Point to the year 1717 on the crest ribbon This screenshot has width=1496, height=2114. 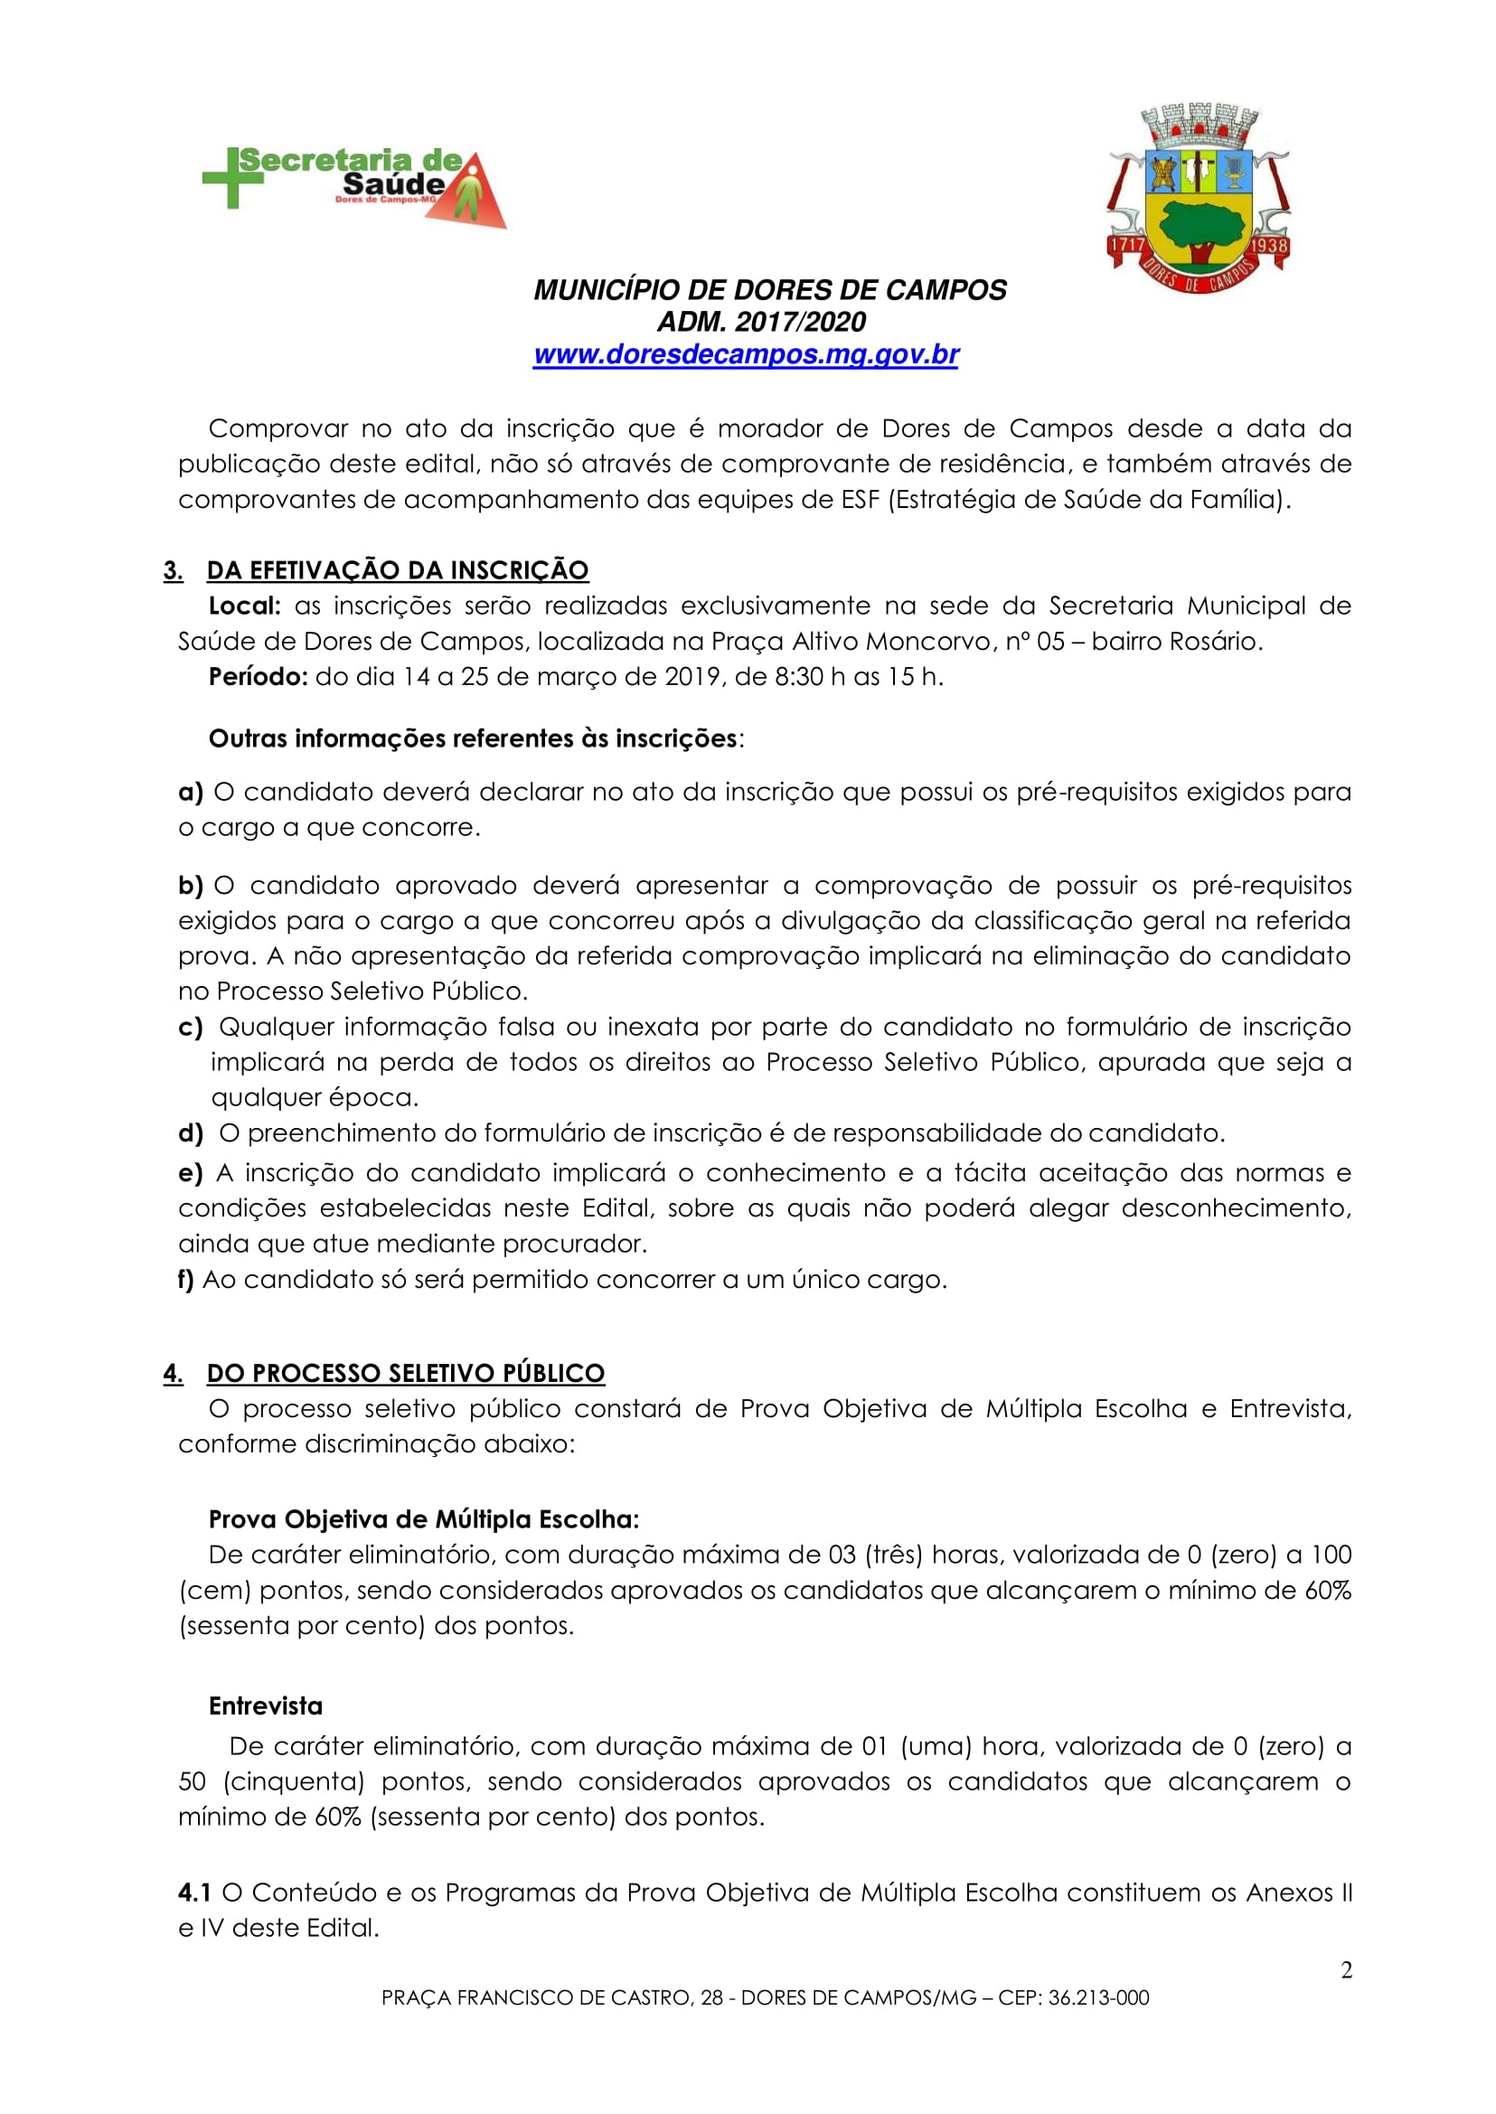click(1125, 246)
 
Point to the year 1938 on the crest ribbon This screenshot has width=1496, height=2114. click(1269, 246)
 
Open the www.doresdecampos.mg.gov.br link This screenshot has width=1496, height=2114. click(746, 354)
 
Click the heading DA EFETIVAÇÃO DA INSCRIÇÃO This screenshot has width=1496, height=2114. click(397, 570)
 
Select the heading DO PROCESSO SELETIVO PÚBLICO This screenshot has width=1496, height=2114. click(405, 1373)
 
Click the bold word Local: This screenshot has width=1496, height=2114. click(244, 606)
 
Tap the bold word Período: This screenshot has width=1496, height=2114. click(257, 677)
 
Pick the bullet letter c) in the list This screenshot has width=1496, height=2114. click(191, 1027)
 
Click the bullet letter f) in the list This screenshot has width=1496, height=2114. click(185, 1280)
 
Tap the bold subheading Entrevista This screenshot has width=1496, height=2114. click(265, 1706)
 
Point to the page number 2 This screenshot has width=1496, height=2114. click(1346, 1970)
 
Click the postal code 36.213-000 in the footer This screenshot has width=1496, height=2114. click(1098, 1998)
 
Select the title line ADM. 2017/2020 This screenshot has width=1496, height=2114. click(761, 323)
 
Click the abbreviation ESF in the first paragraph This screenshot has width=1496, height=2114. click(861, 499)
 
